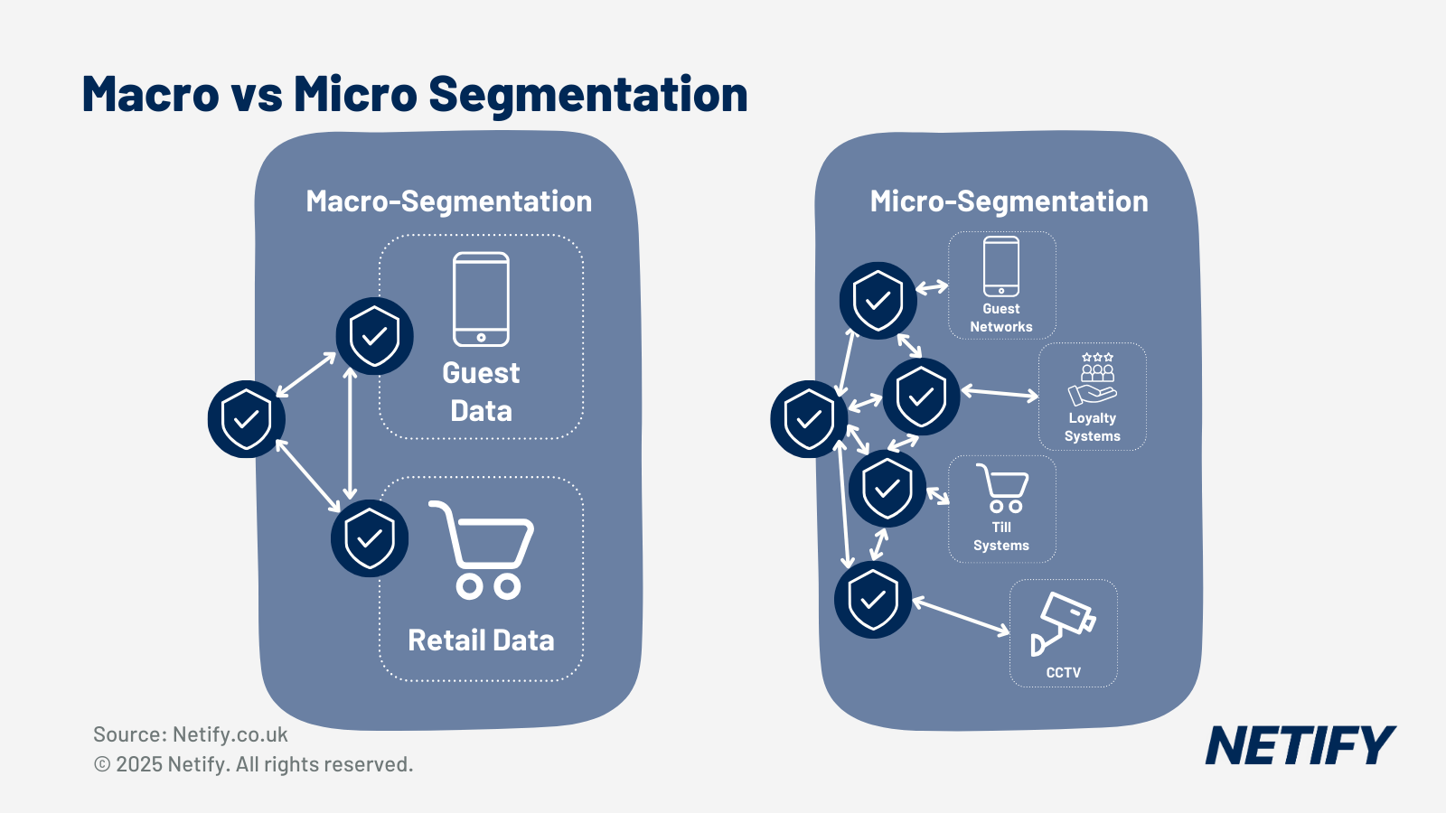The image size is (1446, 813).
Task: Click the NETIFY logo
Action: (x=1300, y=745)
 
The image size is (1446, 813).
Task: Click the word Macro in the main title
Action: (x=151, y=94)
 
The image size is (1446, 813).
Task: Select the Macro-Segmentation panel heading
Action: (x=448, y=201)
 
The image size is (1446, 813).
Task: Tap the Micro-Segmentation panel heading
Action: (x=1009, y=201)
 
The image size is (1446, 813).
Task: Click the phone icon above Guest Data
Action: (x=481, y=299)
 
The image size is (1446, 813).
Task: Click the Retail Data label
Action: (x=481, y=640)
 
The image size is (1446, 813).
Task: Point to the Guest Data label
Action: (x=481, y=392)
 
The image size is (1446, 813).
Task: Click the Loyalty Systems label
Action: (x=1093, y=427)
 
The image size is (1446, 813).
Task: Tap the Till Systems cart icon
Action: (x=1002, y=489)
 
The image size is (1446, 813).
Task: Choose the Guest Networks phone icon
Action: (x=1001, y=266)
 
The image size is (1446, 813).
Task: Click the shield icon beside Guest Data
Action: (x=374, y=336)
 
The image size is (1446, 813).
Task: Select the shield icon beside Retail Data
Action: (x=370, y=538)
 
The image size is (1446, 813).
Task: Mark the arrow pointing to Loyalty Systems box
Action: (x=1000, y=393)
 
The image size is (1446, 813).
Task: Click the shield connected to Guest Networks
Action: (x=878, y=301)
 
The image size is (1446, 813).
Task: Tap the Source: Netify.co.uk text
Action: (x=191, y=734)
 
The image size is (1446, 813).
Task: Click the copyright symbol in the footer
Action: (x=102, y=764)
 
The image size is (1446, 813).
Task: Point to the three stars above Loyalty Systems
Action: (x=1097, y=357)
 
